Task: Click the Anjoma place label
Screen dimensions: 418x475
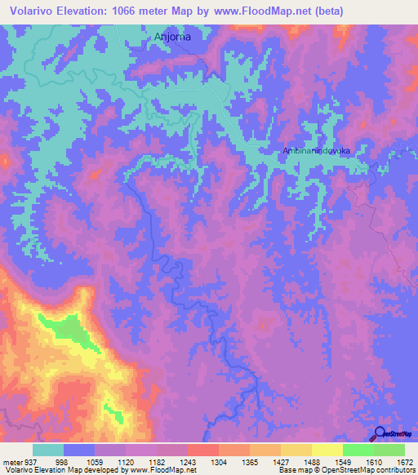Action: click(171, 37)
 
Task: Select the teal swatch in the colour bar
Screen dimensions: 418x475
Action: click(48, 450)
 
